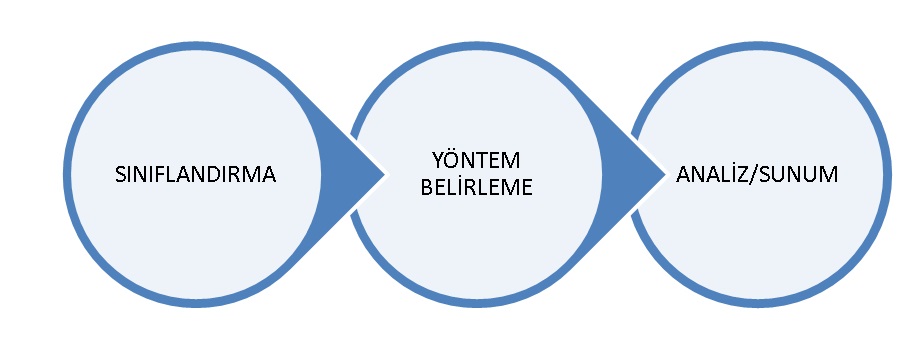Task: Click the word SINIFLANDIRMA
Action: click(x=196, y=174)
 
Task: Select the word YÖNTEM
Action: click(x=476, y=160)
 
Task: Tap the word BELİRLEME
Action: click(x=476, y=187)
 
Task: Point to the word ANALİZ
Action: click(x=713, y=174)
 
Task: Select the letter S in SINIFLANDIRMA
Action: click(x=120, y=174)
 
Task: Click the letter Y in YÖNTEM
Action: click(x=438, y=161)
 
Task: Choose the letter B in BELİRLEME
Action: click(x=427, y=188)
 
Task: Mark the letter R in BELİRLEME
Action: click(x=466, y=188)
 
